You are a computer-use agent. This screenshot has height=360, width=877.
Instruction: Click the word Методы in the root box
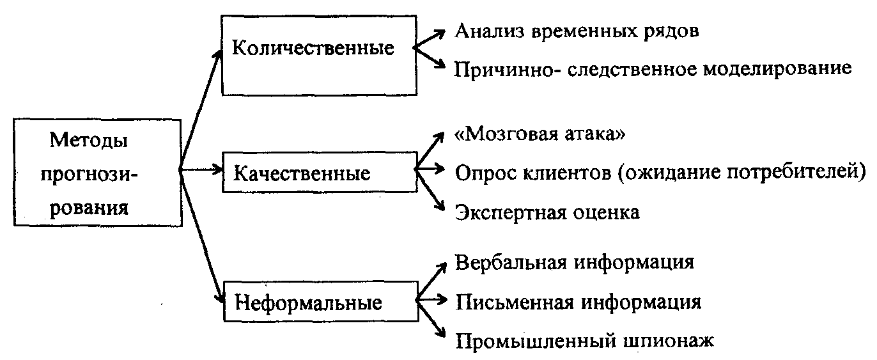coord(88,140)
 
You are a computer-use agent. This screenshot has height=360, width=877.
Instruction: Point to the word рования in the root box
coord(89,207)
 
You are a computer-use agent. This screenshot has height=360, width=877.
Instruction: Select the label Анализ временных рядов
coord(577,31)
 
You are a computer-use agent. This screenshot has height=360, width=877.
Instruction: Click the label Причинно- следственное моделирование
coord(653,69)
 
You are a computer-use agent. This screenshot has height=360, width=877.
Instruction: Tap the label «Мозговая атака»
coord(539,134)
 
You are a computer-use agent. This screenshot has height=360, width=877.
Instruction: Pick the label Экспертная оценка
coord(547,212)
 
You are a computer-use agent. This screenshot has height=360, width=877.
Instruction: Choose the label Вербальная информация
coord(575,262)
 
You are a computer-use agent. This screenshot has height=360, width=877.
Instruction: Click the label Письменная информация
coord(578,302)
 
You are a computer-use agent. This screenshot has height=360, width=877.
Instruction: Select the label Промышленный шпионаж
coord(584,341)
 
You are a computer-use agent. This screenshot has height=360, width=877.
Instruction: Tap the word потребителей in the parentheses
coord(791,172)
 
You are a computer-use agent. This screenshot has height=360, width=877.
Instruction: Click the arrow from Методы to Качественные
coord(201,169)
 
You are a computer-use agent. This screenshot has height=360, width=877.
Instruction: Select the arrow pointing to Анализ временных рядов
coord(430,39)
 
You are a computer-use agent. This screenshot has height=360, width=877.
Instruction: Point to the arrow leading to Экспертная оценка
coord(430,190)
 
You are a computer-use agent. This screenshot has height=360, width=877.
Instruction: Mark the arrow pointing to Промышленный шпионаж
coord(431,319)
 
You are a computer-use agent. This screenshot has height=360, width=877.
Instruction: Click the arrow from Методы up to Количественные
coord(201,110)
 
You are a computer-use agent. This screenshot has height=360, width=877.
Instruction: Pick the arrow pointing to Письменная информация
coord(431,300)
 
